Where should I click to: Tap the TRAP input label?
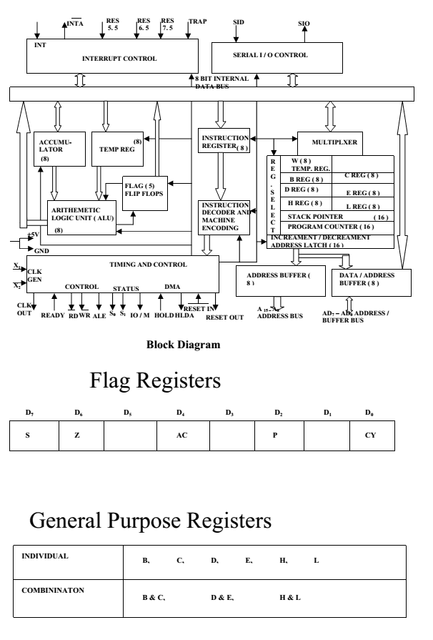tap(197, 22)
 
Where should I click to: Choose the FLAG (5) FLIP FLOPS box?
tap(145, 192)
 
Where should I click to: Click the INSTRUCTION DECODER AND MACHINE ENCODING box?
tap(224, 217)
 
